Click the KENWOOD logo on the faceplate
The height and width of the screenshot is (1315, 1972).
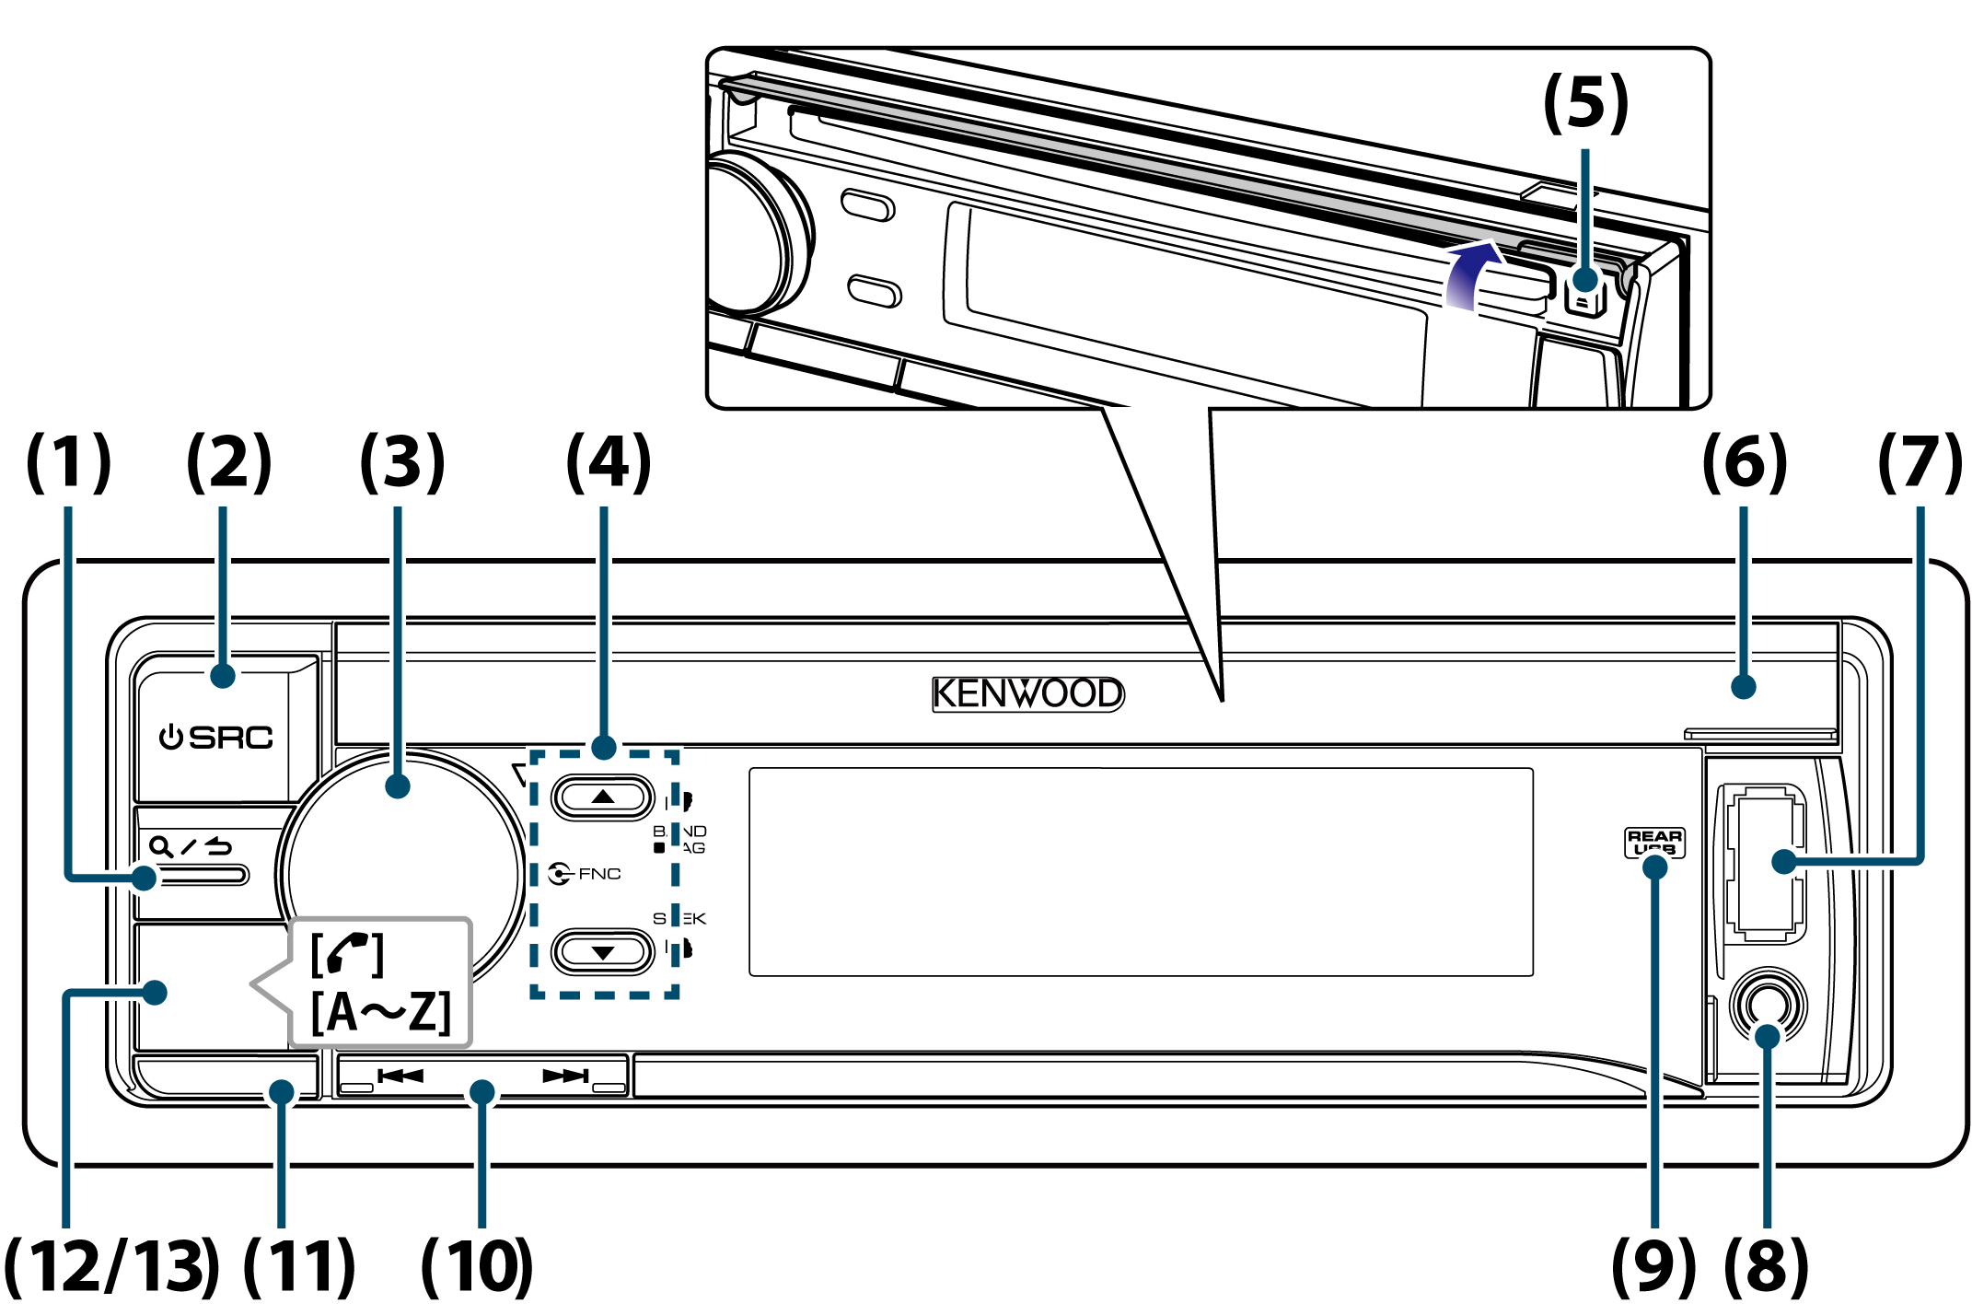tap(1027, 693)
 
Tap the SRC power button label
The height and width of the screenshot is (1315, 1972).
tap(217, 738)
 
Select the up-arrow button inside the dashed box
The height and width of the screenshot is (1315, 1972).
tap(603, 797)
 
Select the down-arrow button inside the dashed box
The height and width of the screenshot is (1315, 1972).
tap(603, 952)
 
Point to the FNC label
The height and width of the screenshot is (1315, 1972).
tap(599, 873)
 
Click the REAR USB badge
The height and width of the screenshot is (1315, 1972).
tap(1654, 842)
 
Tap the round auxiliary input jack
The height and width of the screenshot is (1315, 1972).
tap(1768, 1004)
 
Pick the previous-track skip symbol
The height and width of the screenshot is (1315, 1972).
tap(400, 1076)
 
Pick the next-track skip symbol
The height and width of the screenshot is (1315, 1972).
tap(565, 1076)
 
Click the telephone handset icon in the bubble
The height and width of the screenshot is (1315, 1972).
tap(347, 954)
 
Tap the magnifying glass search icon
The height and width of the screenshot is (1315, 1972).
tap(161, 846)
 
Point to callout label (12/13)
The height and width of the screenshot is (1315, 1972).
tap(112, 1267)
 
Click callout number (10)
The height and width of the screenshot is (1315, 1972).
tap(477, 1267)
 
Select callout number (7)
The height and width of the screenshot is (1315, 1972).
tap(1920, 462)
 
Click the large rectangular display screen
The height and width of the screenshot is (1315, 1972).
tap(1141, 872)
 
